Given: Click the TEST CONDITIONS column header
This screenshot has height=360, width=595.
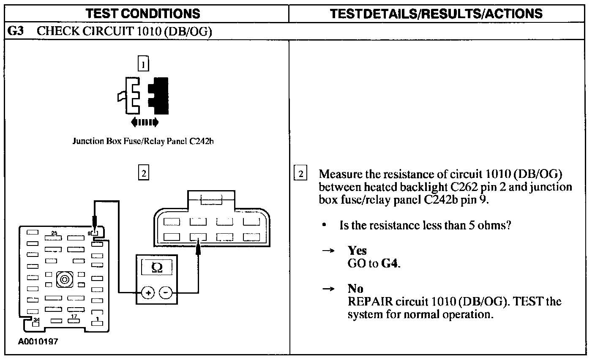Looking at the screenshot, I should pyautogui.click(x=143, y=14).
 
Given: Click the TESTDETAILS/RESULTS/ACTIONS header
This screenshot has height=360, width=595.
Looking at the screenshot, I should pyautogui.click(x=436, y=14).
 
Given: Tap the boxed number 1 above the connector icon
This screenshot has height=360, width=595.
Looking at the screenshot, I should pyautogui.click(x=144, y=65).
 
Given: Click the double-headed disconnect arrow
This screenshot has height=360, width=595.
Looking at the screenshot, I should pyautogui.click(x=145, y=123).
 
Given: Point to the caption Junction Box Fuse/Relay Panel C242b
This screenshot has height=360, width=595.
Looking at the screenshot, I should pyautogui.click(x=143, y=141).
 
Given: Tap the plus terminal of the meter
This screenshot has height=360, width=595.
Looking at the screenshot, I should pyautogui.click(x=148, y=292).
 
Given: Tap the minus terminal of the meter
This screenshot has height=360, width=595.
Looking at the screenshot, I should pyautogui.click(x=166, y=292).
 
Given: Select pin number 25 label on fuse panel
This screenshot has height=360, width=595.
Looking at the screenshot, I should pyautogui.click(x=54, y=233).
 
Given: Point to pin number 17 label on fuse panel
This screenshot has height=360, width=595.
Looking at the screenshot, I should pyautogui.click(x=74, y=316).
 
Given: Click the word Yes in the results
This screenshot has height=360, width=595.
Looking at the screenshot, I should pyautogui.click(x=357, y=251).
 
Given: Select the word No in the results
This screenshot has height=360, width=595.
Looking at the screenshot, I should pyautogui.click(x=355, y=289).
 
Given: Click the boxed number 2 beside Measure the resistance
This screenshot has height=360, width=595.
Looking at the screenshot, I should pyautogui.click(x=300, y=174).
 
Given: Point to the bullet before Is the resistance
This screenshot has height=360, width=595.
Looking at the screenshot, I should pyautogui.click(x=323, y=225).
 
